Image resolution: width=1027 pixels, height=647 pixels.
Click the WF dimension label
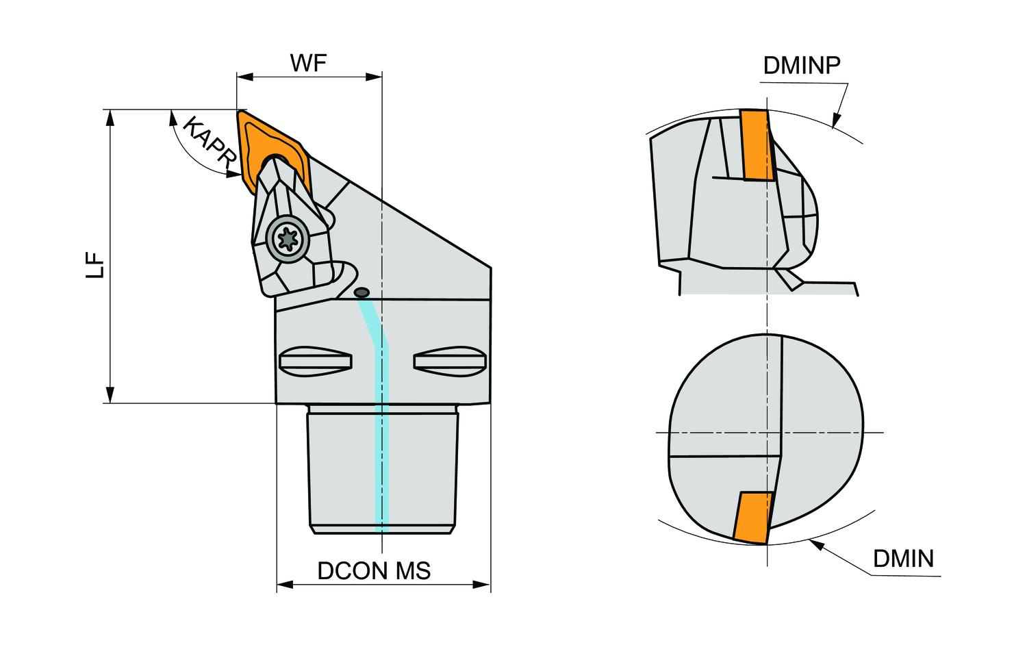coord(308,62)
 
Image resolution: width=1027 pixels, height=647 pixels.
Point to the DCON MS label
coord(374,570)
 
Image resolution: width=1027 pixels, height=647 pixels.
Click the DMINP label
coord(802,65)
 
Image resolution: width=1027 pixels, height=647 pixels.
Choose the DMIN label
coord(903,559)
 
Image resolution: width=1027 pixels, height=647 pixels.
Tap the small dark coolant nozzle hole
coord(362,293)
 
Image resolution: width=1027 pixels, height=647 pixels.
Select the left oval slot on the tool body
coord(316,361)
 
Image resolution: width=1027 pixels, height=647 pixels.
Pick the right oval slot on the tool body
coord(450,361)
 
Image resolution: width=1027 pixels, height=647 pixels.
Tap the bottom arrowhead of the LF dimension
coord(109,396)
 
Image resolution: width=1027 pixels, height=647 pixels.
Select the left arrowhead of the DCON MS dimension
coord(283,585)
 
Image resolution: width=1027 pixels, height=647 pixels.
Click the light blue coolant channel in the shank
coord(381,466)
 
